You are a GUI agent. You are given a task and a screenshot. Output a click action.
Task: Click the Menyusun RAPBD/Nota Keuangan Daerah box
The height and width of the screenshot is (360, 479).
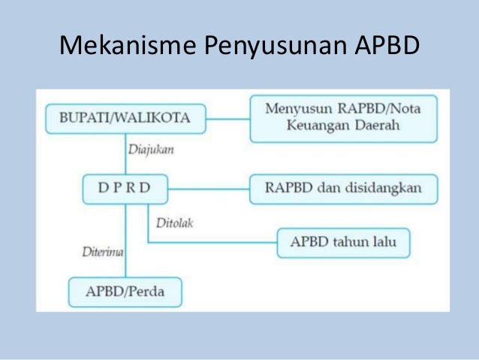344,118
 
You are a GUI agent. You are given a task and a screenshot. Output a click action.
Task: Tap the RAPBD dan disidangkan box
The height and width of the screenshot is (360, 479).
344,188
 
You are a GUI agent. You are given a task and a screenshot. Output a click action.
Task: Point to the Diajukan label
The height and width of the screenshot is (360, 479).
151,150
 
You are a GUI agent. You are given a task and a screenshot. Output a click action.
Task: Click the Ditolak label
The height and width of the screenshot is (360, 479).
174,222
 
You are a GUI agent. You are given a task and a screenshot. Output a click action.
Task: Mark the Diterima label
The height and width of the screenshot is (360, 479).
101,252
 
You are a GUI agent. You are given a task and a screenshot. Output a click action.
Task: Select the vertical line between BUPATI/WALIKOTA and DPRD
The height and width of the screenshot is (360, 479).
125,154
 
